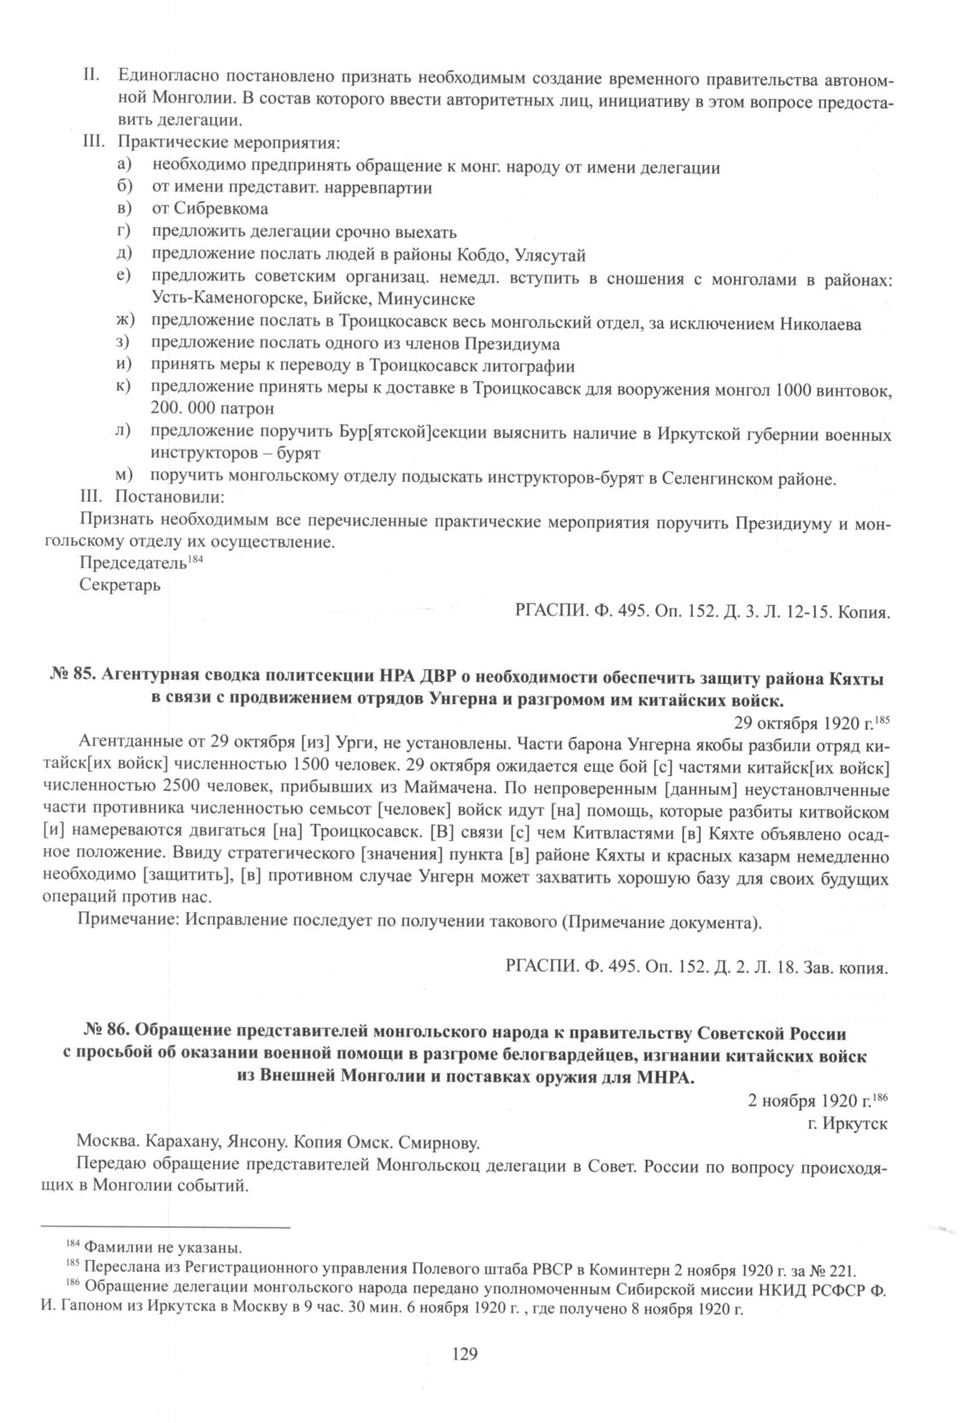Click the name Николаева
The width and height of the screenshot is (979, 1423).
821,324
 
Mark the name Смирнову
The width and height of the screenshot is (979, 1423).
437,1141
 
